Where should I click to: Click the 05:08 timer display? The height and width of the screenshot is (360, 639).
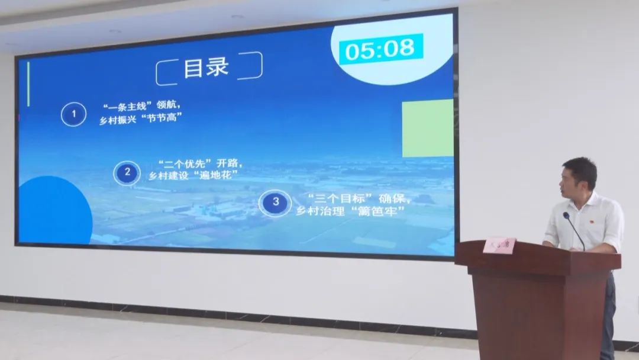click(382, 49)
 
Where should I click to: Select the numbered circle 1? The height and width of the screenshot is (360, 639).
click(73, 114)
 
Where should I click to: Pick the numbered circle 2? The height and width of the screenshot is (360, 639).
click(127, 172)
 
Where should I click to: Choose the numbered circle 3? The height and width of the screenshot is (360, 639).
click(275, 202)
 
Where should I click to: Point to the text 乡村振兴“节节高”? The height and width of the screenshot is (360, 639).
click(140, 118)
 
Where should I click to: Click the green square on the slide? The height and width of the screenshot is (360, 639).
click(427, 128)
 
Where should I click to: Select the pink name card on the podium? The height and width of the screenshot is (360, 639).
click(499, 245)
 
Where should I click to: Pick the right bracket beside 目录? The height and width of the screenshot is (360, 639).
click(257, 65)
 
